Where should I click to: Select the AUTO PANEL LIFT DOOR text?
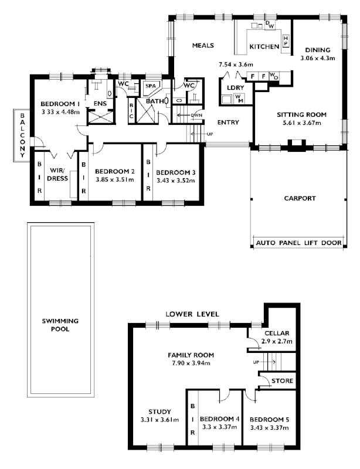tap(298, 242)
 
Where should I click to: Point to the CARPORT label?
tap(299, 198)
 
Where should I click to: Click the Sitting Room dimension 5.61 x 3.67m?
tap(301, 124)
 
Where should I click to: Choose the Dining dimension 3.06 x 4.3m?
tap(317, 59)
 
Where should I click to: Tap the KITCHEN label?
tap(264, 46)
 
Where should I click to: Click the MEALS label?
tap(203, 45)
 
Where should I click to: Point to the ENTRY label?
tap(227, 123)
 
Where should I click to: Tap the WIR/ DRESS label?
tap(57, 174)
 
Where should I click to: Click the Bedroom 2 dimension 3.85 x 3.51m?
tap(115, 180)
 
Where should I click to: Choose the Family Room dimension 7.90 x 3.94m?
tap(191, 363)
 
